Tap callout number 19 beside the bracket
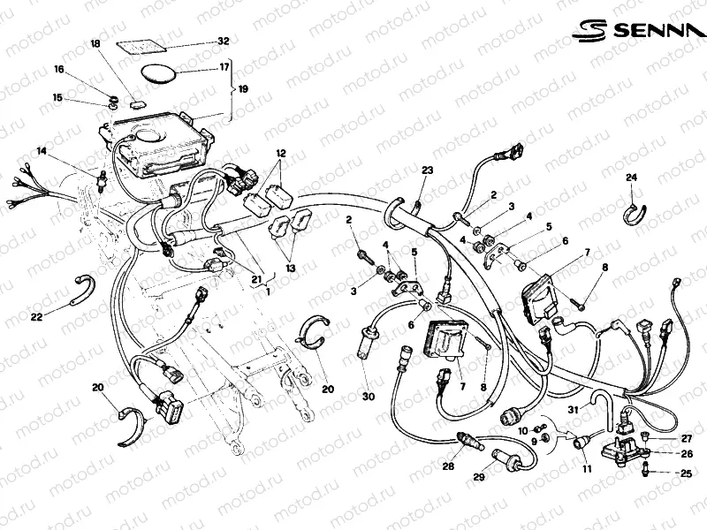pyautogui.click(x=243, y=89)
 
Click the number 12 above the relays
pyautogui.click(x=280, y=153)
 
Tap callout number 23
pyautogui.click(x=426, y=170)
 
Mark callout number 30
pyautogui.click(x=368, y=397)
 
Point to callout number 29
pyautogui.click(x=479, y=478)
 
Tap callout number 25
pyautogui.click(x=685, y=474)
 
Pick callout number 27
pyautogui.click(x=686, y=438)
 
